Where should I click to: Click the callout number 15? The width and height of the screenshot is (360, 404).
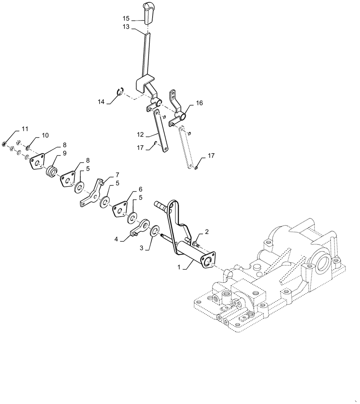(126, 19)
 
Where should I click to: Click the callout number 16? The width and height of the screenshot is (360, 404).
(199, 103)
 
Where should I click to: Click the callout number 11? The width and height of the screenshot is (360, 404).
(25, 129)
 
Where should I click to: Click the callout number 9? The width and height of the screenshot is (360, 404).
(65, 153)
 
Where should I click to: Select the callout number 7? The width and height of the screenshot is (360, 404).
(117, 175)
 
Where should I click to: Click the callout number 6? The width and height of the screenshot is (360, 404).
(140, 189)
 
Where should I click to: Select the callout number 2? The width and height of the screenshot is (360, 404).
(207, 231)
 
